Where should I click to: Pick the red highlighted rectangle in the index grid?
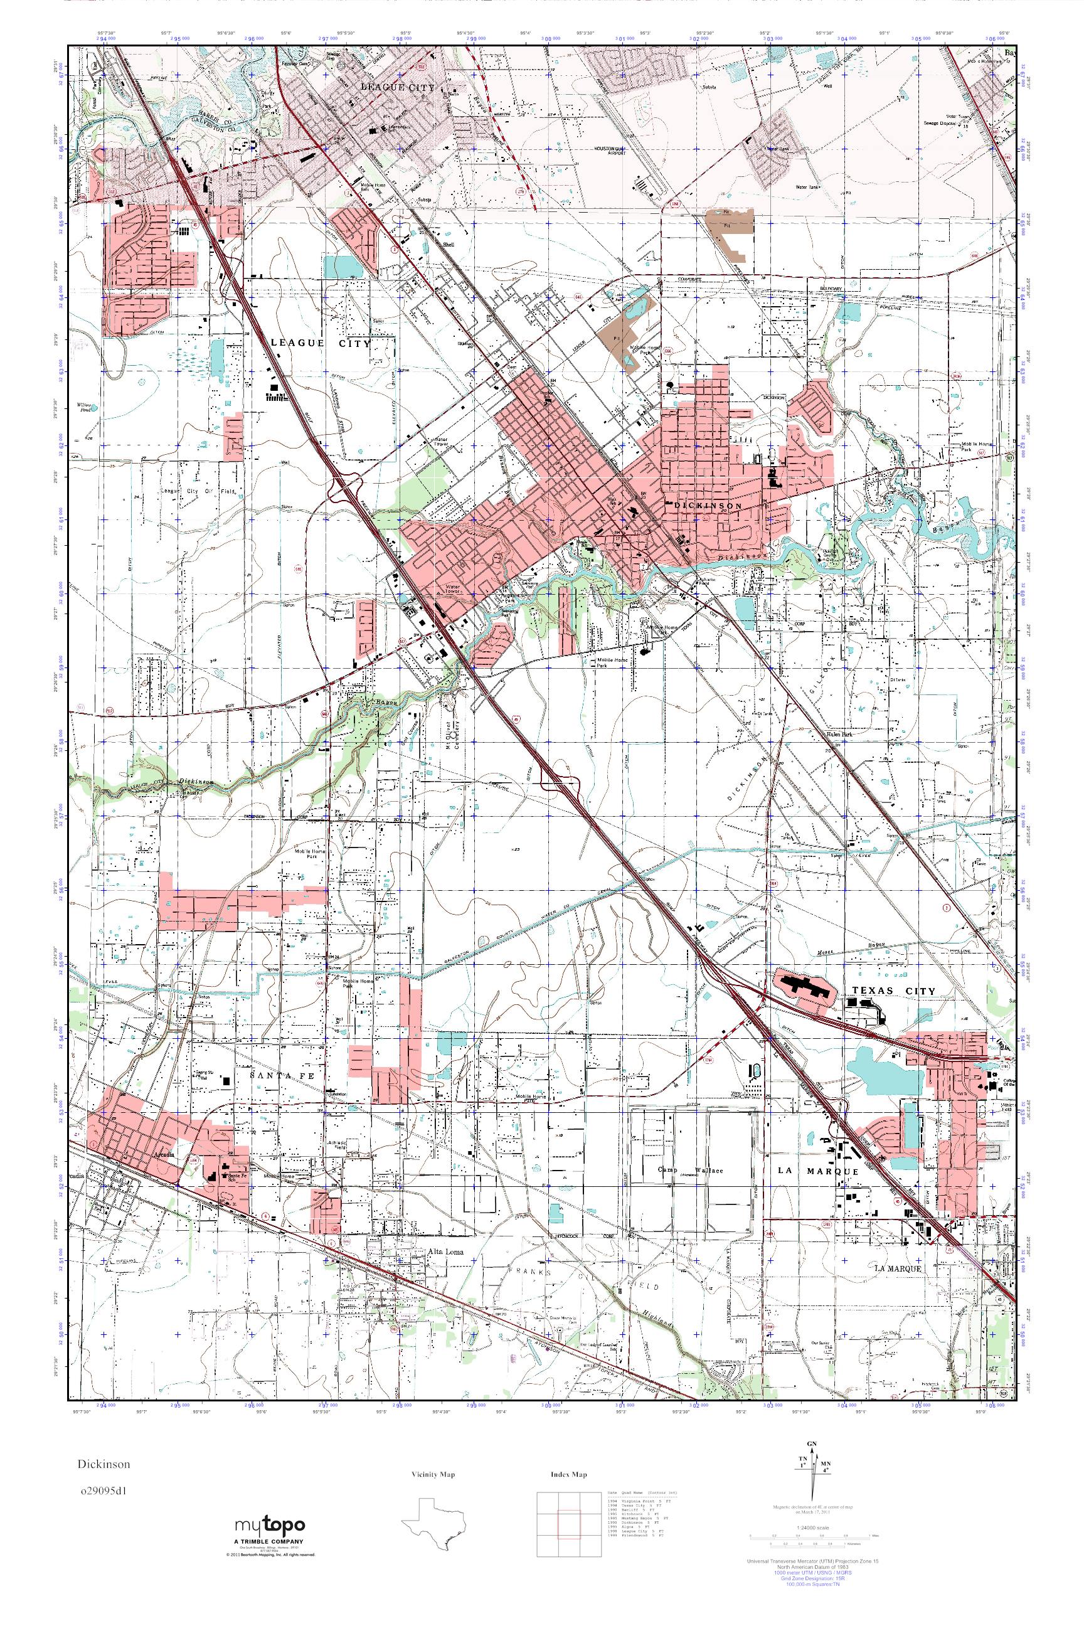click(568, 1529)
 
